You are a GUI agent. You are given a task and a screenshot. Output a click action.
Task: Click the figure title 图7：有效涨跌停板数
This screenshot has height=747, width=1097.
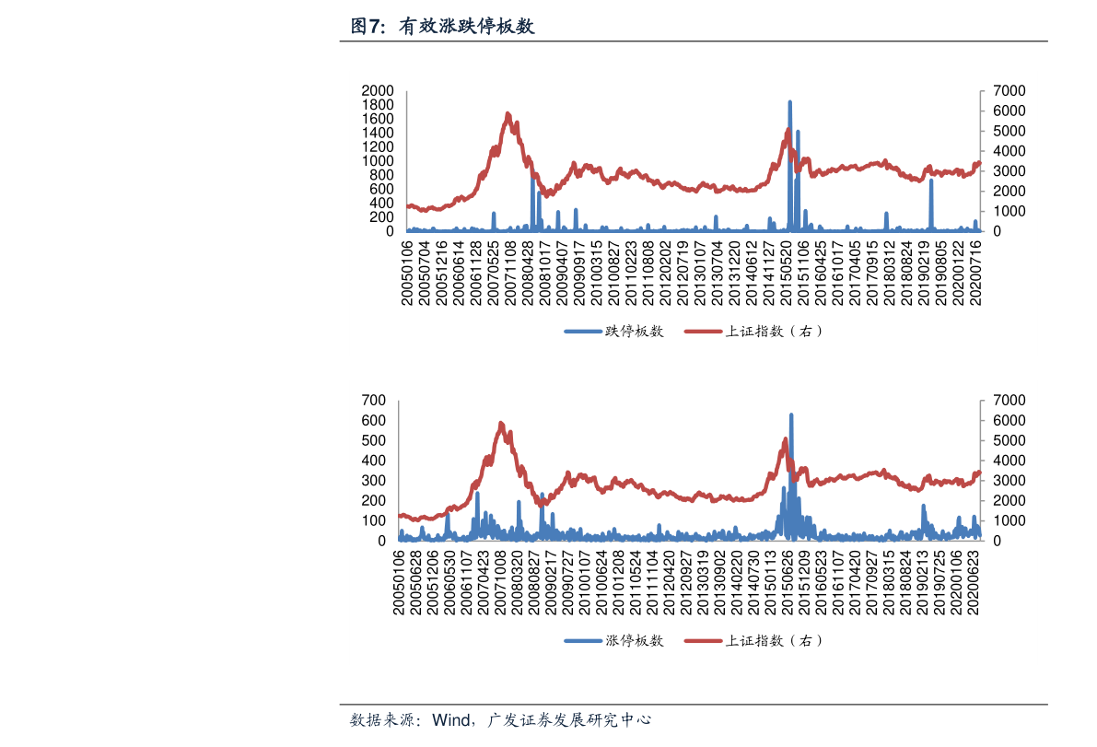coord(442,27)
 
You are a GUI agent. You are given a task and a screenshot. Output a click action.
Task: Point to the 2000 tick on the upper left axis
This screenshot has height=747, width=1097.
coord(379,91)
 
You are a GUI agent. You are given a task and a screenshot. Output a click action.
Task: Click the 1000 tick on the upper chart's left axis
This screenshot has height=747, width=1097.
coord(379,161)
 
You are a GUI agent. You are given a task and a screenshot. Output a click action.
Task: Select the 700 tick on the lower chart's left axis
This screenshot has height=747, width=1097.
coord(374,401)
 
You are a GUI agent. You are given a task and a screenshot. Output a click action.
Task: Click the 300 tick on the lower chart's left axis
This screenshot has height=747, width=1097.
coord(374,481)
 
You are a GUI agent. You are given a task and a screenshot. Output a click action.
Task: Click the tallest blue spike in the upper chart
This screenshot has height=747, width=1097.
coord(789,103)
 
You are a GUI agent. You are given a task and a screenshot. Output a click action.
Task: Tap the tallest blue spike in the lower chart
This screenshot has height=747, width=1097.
coord(791,416)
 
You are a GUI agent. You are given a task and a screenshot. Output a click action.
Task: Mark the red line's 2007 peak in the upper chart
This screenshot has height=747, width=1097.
coord(508,114)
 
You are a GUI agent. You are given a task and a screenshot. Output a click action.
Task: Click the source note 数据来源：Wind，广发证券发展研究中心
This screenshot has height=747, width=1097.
coord(501,719)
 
